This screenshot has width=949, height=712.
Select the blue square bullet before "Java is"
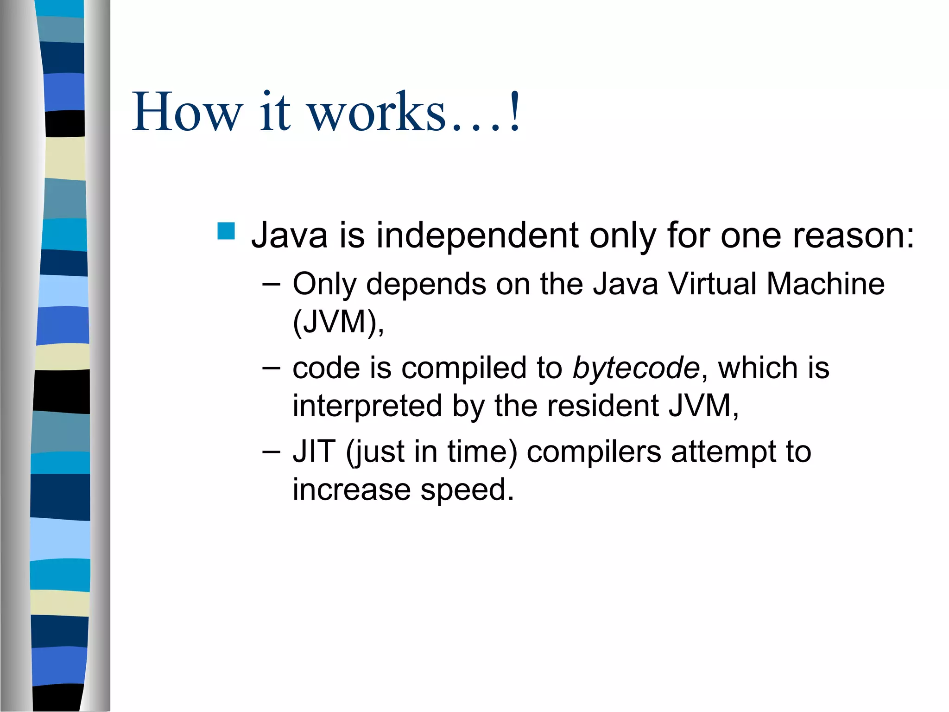[226, 231]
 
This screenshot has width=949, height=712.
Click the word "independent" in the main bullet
[477, 235]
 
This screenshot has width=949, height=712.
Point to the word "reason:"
[853, 235]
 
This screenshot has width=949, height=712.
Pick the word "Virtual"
[711, 284]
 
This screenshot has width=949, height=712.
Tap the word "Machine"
[825, 284]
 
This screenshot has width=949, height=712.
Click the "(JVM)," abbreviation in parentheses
[338, 322]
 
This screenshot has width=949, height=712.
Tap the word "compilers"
[594, 452]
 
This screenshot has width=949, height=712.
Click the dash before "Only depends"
[271, 284]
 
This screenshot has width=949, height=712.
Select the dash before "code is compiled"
[271, 368]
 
